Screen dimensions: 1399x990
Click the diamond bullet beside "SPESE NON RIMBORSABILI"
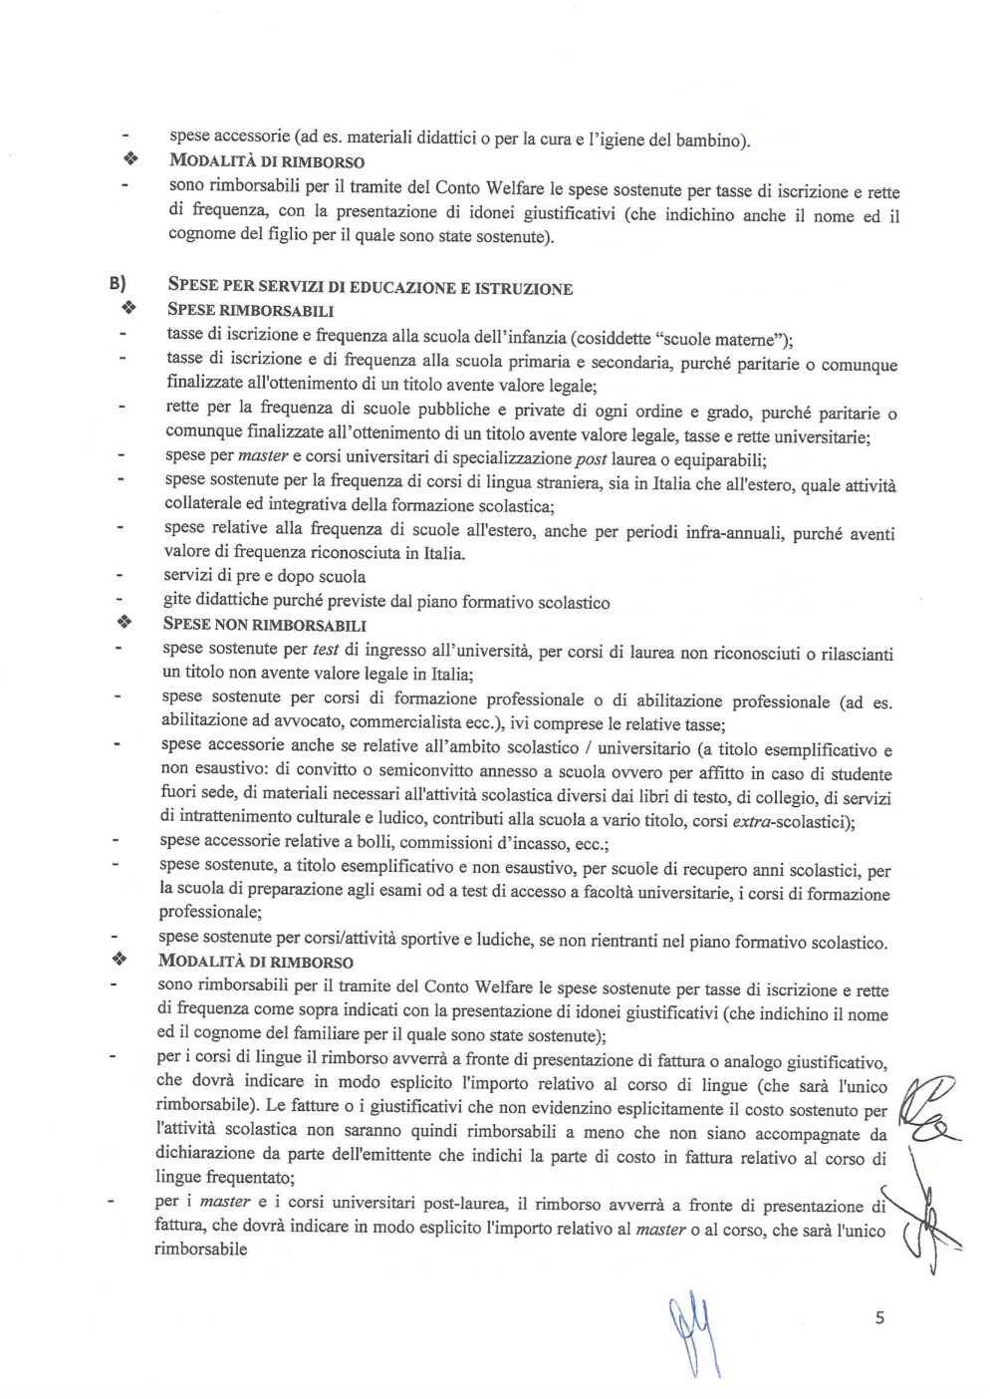click(x=124, y=625)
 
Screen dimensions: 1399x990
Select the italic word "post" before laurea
click(x=592, y=460)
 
